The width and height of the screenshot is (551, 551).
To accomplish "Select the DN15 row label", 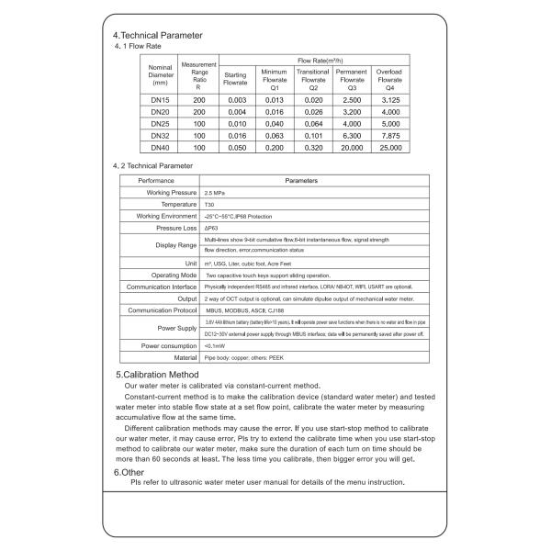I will point(160,98).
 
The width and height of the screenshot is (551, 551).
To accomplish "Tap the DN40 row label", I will point(160,147).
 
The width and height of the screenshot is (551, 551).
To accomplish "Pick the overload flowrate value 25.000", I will point(389,147).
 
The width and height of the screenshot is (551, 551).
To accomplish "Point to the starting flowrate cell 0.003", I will point(237,98).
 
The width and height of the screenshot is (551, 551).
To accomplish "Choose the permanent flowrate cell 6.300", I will point(352,134).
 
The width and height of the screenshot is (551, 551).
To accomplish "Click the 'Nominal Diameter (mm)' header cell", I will point(160,74).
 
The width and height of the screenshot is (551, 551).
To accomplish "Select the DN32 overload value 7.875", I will point(389,134).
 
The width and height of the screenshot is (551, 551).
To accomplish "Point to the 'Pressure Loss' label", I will point(177,227).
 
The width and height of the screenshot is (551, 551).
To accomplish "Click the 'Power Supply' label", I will point(177,328).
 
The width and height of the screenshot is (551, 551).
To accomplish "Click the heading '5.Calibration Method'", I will point(157,375).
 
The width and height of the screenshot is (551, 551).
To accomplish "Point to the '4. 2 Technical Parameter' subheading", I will point(152,165).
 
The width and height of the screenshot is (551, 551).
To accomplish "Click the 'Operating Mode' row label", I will point(174,275).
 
